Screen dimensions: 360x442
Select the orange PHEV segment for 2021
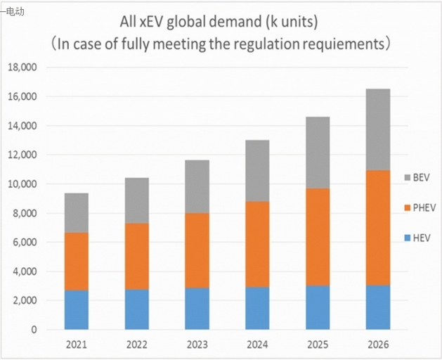(x=76, y=262)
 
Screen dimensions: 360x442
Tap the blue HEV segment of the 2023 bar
(x=197, y=309)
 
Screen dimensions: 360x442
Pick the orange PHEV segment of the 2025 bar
(x=318, y=237)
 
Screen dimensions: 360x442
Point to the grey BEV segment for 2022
(x=136, y=200)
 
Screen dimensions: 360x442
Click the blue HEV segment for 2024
(x=257, y=308)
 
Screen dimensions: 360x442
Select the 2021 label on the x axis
(x=76, y=346)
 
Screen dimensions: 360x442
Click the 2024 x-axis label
(x=257, y=346)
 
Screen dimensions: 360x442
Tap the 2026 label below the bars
(x=378, y=346)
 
